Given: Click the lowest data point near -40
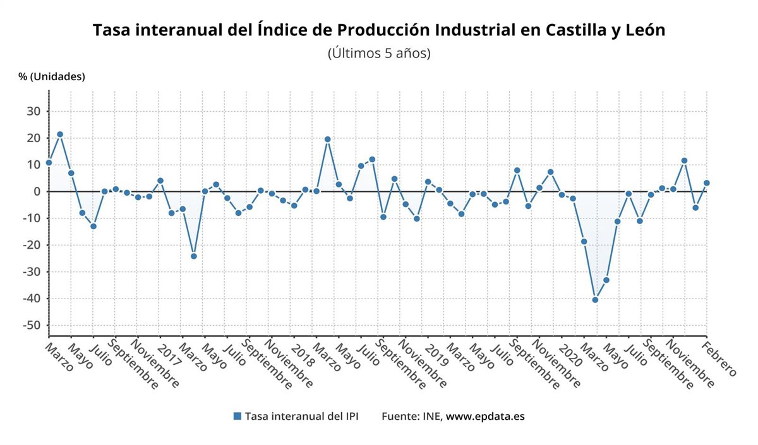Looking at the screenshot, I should click(595, 300).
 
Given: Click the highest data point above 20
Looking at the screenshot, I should click(60, 134).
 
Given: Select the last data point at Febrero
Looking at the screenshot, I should click(707, 183).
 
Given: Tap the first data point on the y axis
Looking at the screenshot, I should click(49, 163).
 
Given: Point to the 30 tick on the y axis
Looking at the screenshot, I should click(33, 111).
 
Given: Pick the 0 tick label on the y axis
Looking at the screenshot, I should click(37, 191).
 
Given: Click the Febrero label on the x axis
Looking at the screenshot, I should click(721, 360).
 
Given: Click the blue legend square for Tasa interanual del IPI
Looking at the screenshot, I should click(238, 417).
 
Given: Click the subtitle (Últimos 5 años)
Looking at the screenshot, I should click(379, 53).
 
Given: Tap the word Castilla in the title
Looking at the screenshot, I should click(568, 30).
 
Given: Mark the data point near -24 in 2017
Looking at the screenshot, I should click(193, 256).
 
